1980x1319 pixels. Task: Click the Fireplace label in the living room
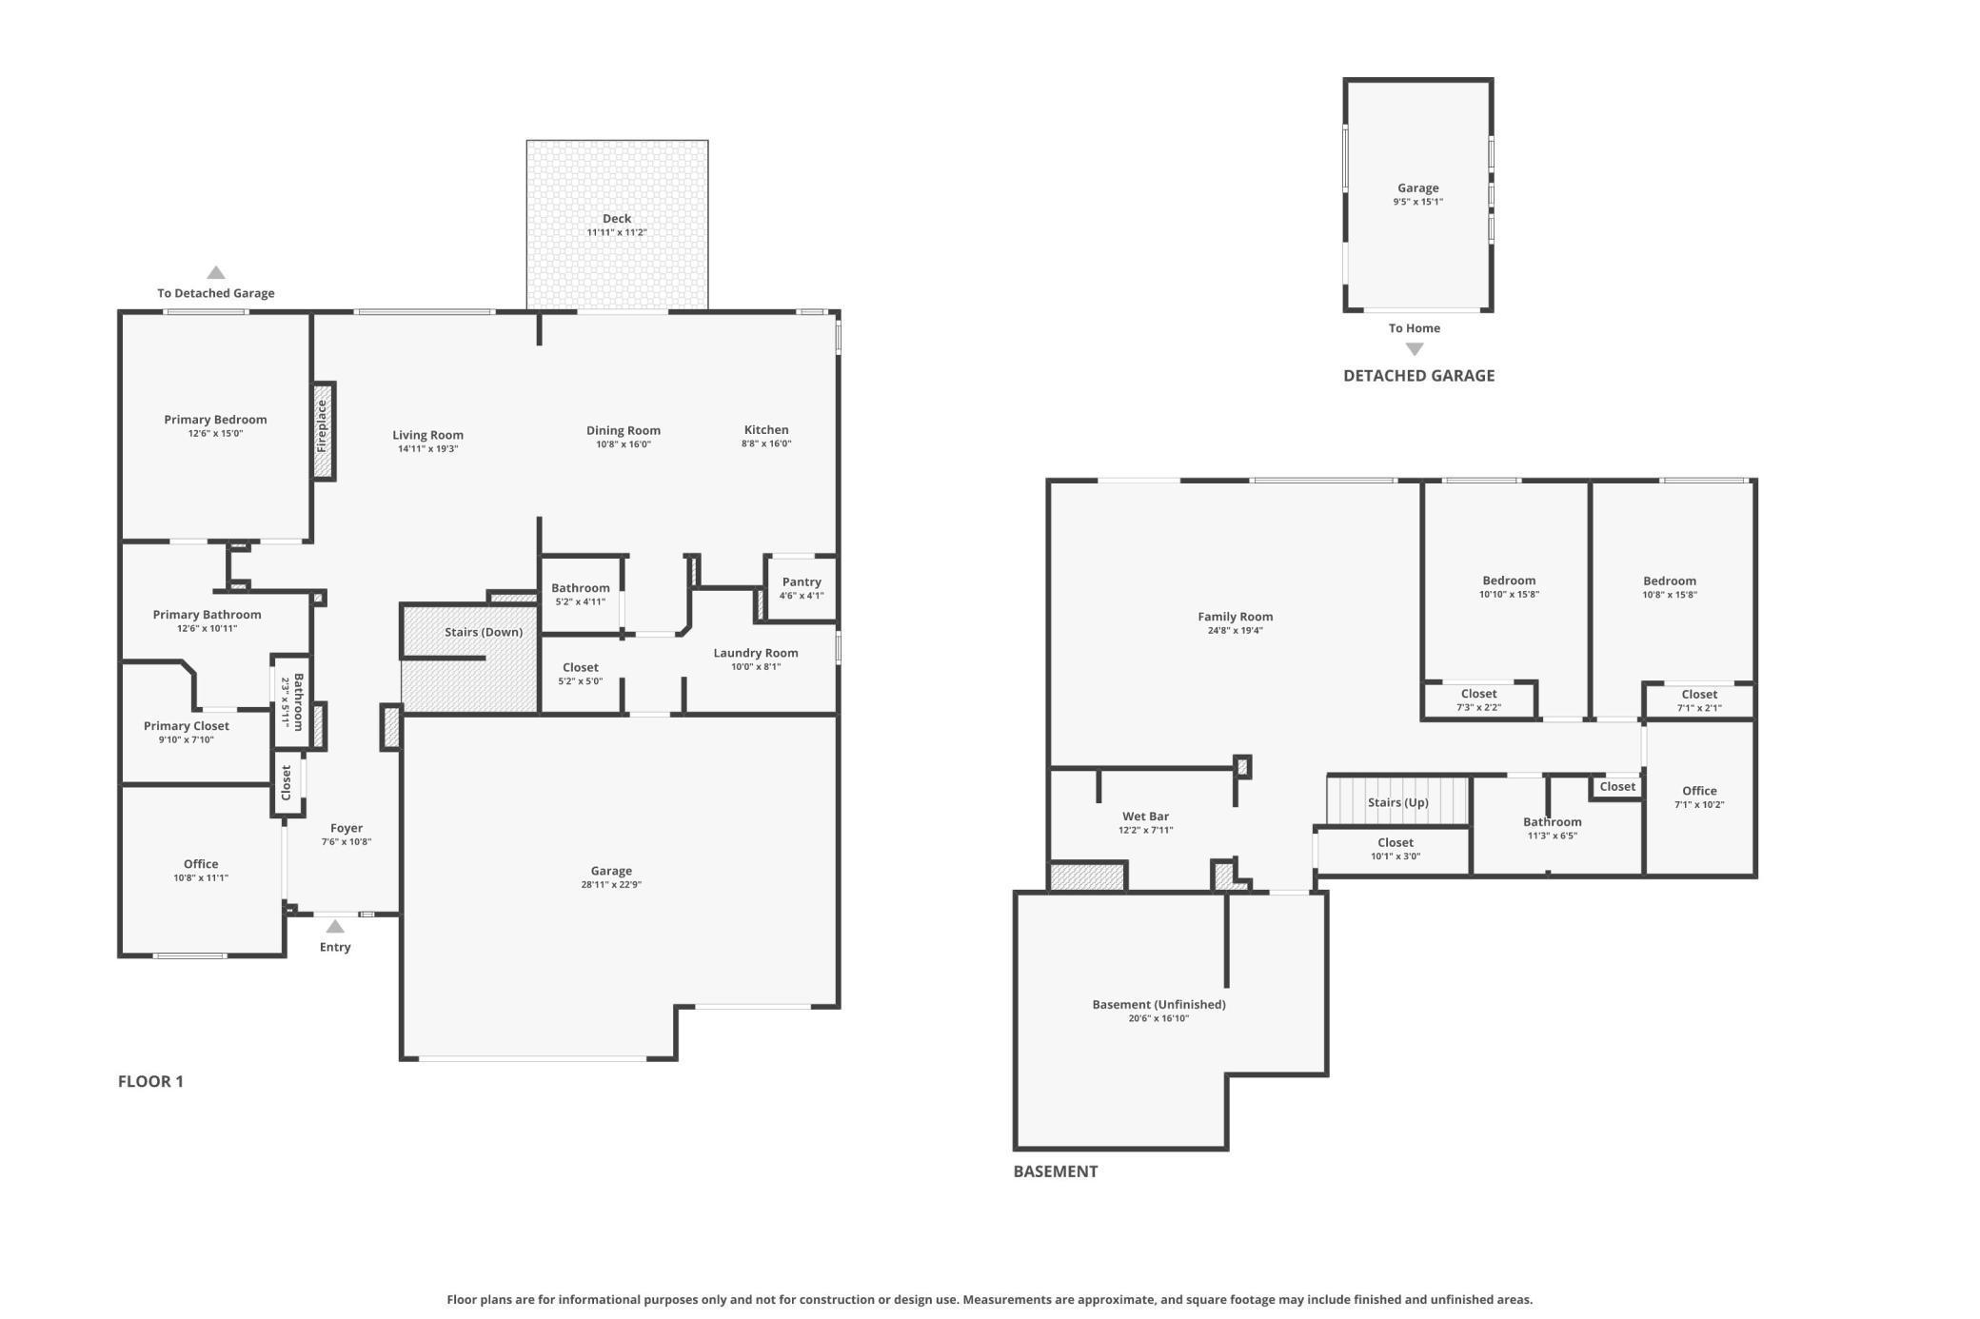[x=322, y=426]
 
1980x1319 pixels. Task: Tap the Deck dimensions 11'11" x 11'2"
[x=617, y=232]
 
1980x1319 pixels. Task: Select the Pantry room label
[x=802, y=581]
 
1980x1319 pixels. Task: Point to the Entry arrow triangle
[x=335, y=926]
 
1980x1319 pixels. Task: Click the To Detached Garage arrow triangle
[x=216, y=272]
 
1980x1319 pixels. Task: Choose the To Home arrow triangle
[x=1415, y=348]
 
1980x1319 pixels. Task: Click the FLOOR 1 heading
[x=150, y=1081]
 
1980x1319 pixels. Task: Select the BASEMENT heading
[x=1056, y=1171]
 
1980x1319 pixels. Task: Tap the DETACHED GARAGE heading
[x=1418, y=376]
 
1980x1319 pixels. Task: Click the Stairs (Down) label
[x=484, y=632]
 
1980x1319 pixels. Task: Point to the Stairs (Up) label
[x=1398, y=802]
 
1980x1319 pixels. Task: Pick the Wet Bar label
[x=1145, y=817]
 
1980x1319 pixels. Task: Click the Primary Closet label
[x=187, y=726]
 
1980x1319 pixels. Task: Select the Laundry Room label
[x=756, y=653]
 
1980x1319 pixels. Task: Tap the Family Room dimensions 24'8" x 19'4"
[x=1236, y=631]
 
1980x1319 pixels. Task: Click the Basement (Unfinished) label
[x=1158, y=1004]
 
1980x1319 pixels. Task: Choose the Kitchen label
[x=766, y=429]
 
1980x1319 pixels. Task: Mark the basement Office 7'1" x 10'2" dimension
[x=1699, y=805]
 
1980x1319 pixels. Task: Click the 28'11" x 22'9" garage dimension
[x=611, y=885]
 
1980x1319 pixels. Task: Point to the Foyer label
[x=346, y=828]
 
